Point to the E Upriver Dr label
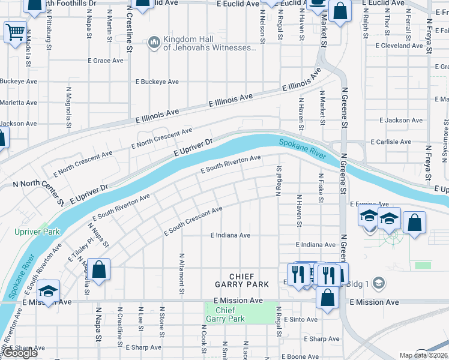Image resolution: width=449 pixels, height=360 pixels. coord(194,148)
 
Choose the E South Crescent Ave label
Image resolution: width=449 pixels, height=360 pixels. coord(193,221)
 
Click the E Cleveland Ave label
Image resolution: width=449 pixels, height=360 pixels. coord(399,46)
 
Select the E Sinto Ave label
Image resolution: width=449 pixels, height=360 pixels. coord(300,320)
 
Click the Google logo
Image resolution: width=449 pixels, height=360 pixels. coord(21,353)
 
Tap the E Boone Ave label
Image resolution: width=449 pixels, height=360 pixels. coord(303,357)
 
